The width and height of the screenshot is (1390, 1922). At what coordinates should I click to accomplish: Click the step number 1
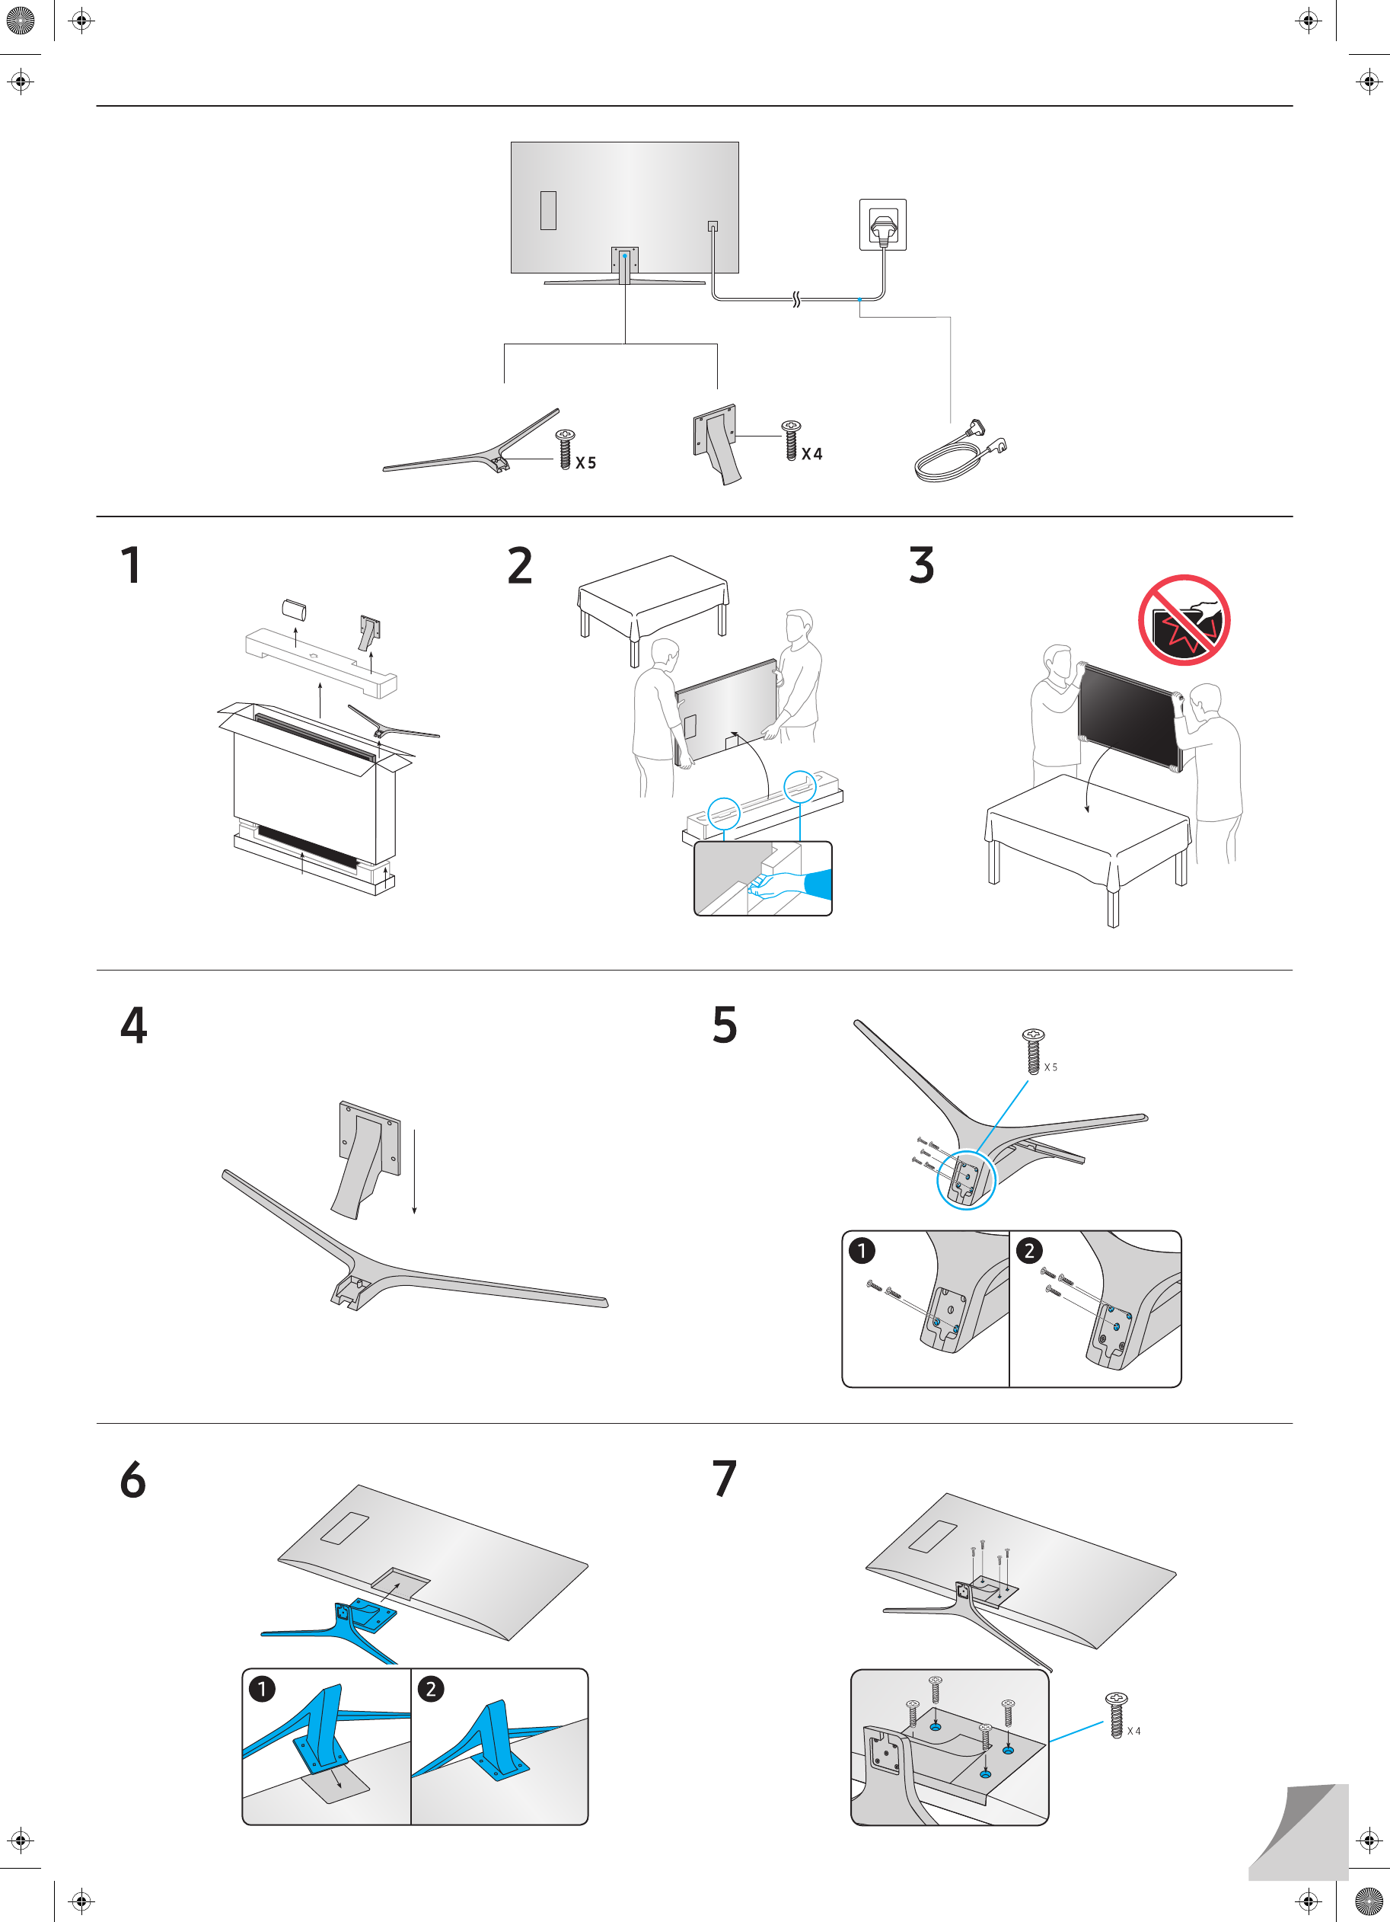coord(130,565)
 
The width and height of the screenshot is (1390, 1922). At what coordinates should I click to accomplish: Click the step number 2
coord(519,565)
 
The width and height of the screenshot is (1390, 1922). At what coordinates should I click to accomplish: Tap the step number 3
coord(921,565)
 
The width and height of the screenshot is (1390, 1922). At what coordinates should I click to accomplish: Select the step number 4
coord(134,1025)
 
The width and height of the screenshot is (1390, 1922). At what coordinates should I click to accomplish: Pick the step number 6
coord(133,1479)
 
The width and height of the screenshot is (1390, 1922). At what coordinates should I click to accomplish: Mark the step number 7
coord(724,1479)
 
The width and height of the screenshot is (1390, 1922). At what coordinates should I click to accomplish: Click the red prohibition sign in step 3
coord(1183,620)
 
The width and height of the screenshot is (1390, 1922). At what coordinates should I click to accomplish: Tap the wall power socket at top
coord(882,225)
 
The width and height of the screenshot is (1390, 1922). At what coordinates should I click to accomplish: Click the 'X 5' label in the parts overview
coord(585,462)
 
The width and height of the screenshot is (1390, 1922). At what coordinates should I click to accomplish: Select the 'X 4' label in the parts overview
coord(811,454)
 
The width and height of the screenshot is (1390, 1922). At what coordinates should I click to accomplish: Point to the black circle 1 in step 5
coord(862,1251)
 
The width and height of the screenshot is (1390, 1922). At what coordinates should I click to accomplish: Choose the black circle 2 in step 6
coord(430,1689)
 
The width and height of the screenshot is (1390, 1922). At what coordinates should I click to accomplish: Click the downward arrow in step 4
coord(414,1171)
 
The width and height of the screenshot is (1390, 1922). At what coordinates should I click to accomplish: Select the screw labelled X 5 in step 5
coord(1034,1051)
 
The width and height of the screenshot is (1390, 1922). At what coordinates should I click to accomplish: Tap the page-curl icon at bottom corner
coord(1298,1831)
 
